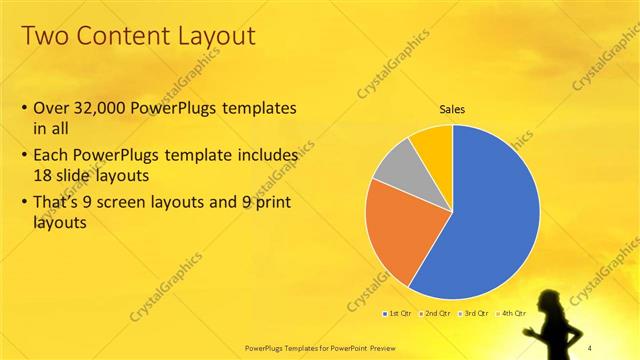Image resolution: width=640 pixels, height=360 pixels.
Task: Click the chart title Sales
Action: [452, 110]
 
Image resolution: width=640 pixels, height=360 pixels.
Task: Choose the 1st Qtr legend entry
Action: [399, 314]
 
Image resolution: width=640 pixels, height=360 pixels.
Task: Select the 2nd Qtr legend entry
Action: [437, 314]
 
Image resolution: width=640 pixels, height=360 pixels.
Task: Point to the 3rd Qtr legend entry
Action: [474, 314]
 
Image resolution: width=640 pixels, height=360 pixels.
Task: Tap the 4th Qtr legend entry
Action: [511, 314]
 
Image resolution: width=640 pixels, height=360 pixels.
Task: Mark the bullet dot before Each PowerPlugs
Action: [24, 157]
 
